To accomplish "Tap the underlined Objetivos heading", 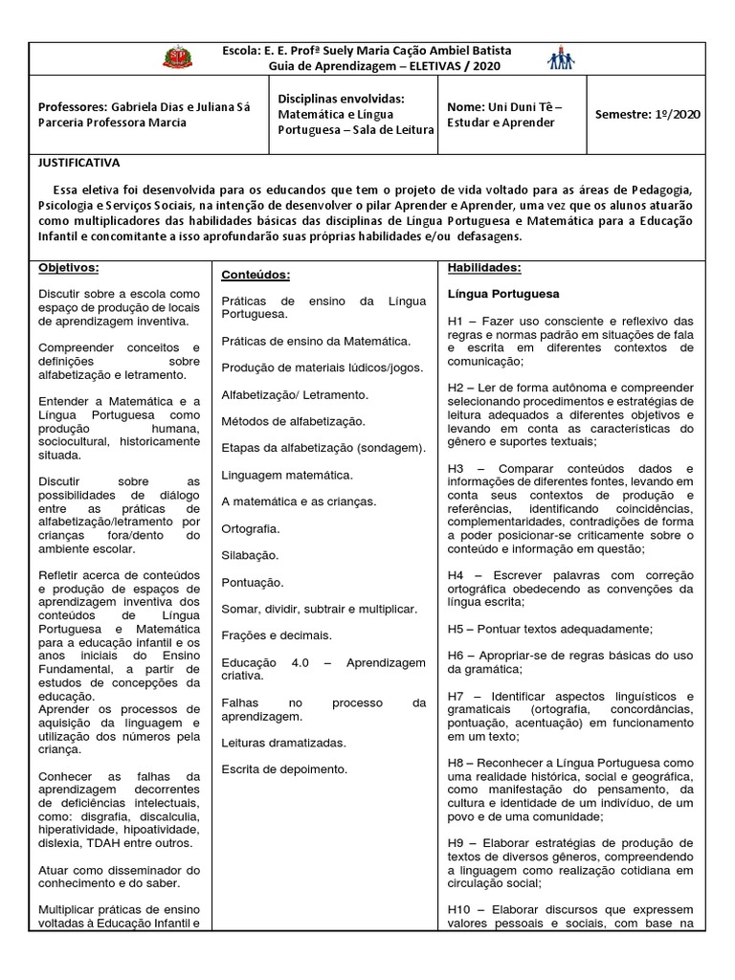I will tap(69, 268).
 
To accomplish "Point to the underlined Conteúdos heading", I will tap(256, 275).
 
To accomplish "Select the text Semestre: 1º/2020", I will tap(647, 114).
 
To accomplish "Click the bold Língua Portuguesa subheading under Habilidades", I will tap(503, 294).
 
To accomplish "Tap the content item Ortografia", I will tap(251, 528).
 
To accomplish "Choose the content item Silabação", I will tap(250, 555).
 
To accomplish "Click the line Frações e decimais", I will tap(277, 635).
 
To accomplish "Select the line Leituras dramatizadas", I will tap(283, 742).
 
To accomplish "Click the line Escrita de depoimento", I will tap(284, 768).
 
